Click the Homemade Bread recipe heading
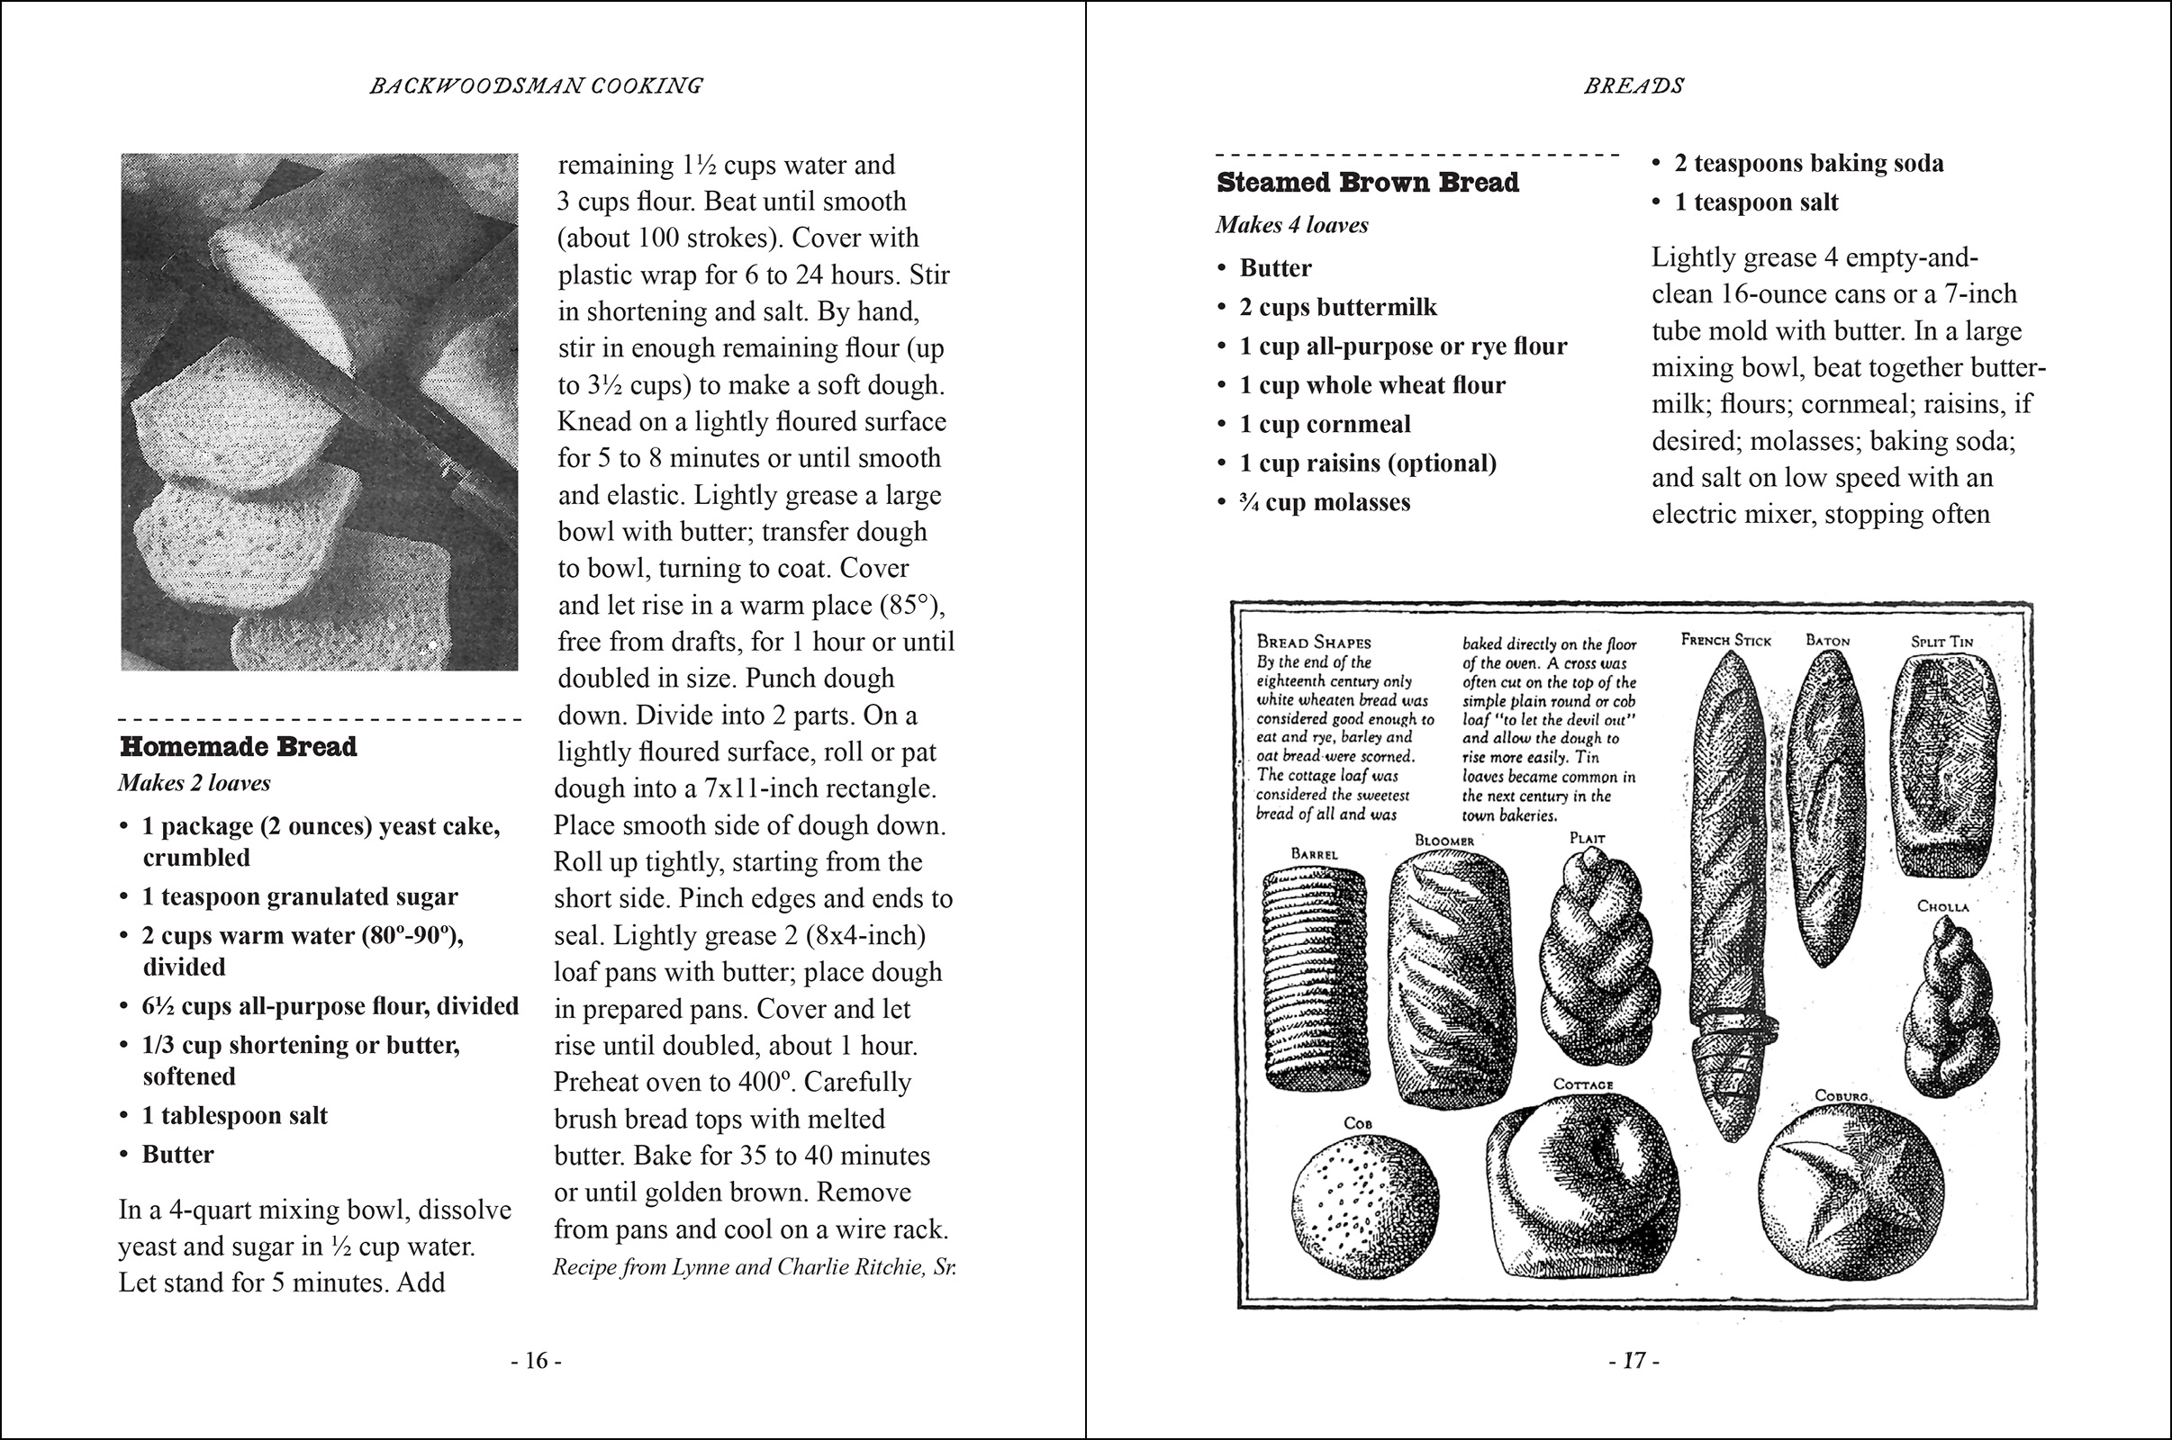click(238, 747)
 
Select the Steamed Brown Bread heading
click(1367, 183)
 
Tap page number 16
click(537, 1360)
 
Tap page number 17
click(1634, 1360)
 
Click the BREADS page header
click(1634, 85)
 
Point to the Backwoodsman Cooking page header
click(537, 85)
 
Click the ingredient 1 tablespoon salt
click(234, 1115)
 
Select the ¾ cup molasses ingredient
click(1324, 502)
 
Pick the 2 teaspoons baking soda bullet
click(1808, 164)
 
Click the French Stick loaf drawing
click(1727, 900)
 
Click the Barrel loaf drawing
click(1314, 978)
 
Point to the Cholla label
click(1942, 906)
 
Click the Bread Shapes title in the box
click(1313, 642)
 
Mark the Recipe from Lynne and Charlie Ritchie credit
click(755, 1267)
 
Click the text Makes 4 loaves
click(1292, 225)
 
